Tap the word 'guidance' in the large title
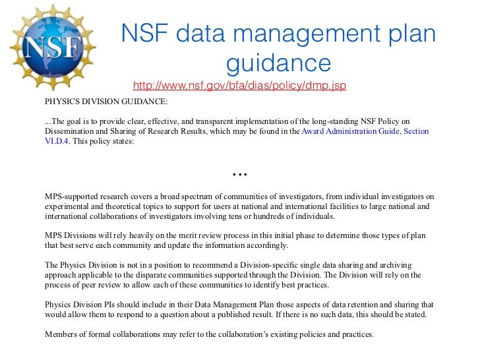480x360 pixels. click(x=278, y=64)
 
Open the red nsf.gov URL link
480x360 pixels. click(x=239, y=86)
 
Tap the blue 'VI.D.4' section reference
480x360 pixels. click(x=56, y=141)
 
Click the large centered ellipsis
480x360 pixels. click(x=239, y=173)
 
